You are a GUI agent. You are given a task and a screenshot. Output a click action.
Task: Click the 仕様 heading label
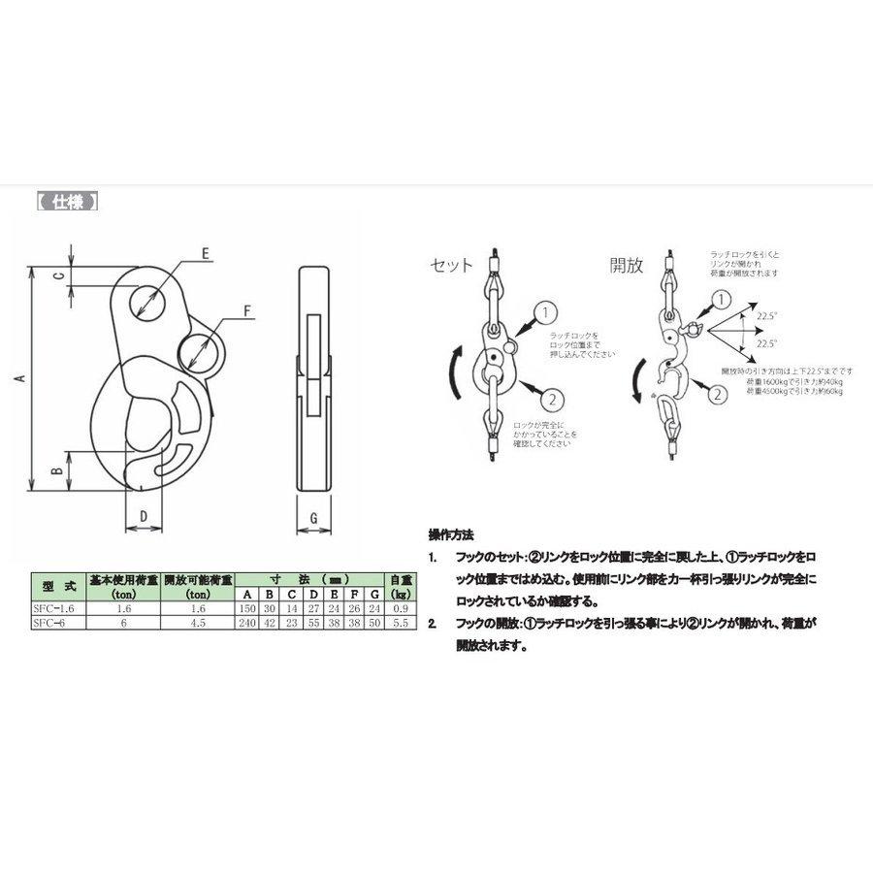(67, 204)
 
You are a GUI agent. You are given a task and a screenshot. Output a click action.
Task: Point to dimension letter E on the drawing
(206, 253)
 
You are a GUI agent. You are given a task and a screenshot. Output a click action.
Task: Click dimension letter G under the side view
(313, 518)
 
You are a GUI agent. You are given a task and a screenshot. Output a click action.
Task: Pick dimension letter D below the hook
(144, 516)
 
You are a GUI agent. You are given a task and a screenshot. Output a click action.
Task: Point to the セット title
(451, 265)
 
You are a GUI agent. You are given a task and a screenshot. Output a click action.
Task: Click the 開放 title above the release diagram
(626, 265)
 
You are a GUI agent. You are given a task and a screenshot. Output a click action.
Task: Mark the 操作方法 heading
(450, 534)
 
